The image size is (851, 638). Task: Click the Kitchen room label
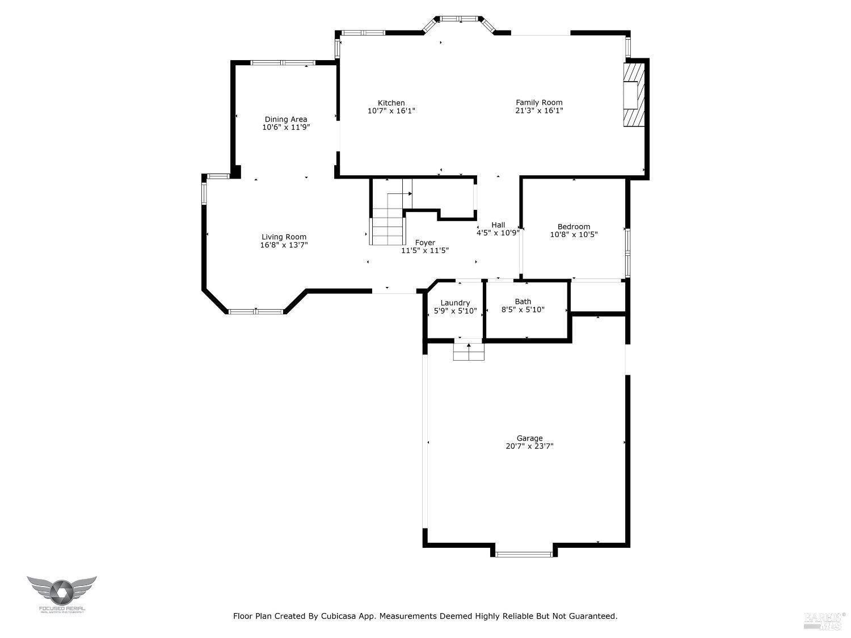tap(391, 103)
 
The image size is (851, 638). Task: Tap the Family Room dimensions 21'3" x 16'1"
tap(539, 111)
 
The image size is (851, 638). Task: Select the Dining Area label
tap(286, 119)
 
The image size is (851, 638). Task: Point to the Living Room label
tap(284, 237)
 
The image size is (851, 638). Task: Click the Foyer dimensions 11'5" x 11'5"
tap(425, 251)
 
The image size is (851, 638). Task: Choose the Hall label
tap(498, 225)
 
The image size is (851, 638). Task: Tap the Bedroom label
tap(574, 226)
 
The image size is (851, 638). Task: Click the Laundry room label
tap(455, 303)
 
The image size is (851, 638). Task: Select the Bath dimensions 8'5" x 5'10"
tap(523, 310)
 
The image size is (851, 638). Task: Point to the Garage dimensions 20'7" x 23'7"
tap(529, 446)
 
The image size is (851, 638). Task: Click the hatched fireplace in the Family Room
tap(634, 94)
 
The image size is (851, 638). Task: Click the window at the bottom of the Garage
tap(524, 554)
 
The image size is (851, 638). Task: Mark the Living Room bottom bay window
tap(255, 311)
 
